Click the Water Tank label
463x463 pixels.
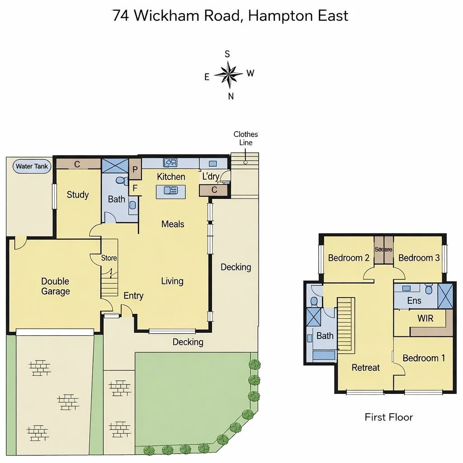pos(32,166)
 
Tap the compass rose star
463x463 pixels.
pos(230,74)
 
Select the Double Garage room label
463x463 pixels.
pos(56,286)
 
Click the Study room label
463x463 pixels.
pos(78,195)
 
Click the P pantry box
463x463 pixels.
pos(135,170)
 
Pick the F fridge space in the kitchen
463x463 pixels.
pos(135,189)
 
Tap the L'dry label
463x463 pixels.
pos(210,176)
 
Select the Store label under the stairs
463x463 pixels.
pos(109,258)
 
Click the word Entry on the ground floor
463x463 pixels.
pos(133,296)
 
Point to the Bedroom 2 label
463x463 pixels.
pos(349,258)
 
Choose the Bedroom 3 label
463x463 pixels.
pos(419,258)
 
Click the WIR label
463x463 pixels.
pos(425,318)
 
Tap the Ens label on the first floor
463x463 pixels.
pos(414,301)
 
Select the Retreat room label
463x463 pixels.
pos(366,368)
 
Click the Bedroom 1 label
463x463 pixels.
pos(424,358)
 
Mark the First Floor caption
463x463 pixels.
pos(389,417)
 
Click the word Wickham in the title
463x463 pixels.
pos(166,16)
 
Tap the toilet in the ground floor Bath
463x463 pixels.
pos(121,181)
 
